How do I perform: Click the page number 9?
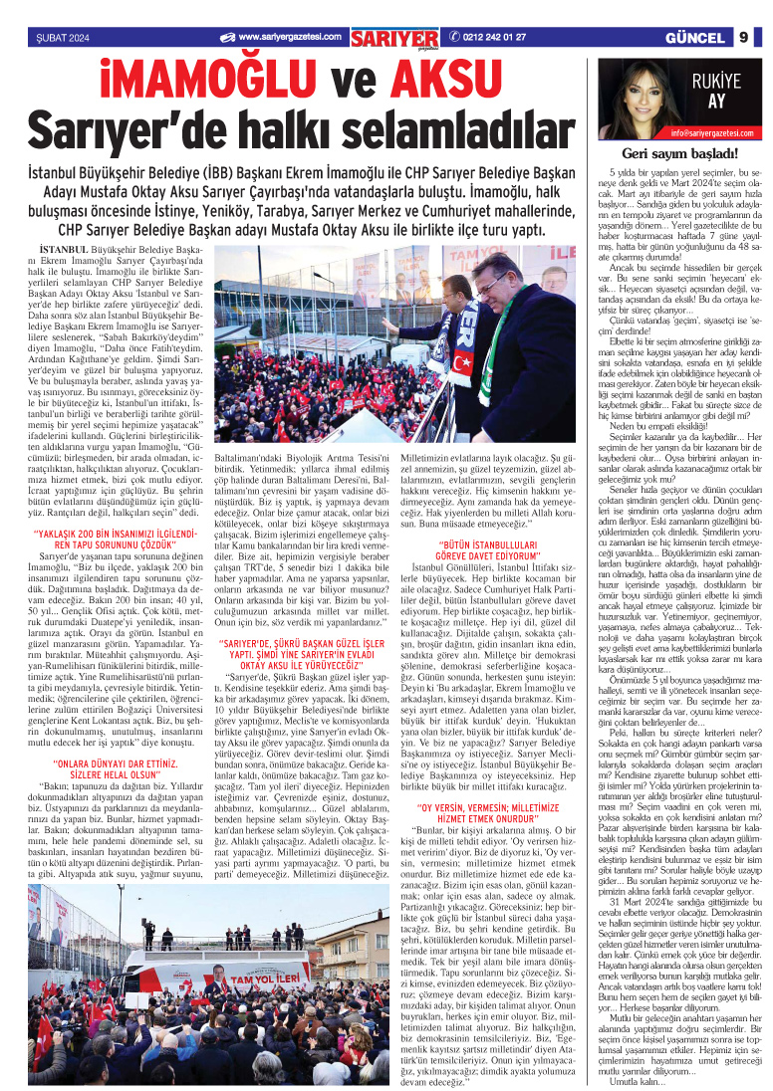743,38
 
